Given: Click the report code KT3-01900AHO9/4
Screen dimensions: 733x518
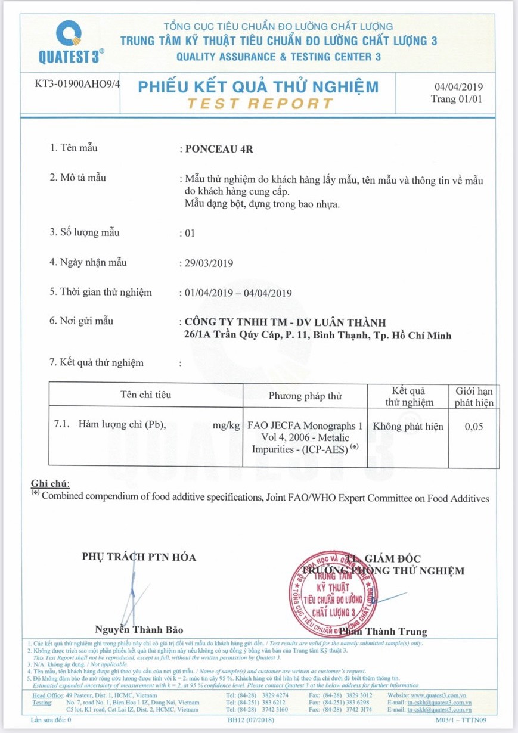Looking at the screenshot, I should pos(78,83).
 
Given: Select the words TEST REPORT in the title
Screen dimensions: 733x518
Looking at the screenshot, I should pos(259,103).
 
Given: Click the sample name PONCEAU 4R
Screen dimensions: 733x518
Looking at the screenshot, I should pos(219,150).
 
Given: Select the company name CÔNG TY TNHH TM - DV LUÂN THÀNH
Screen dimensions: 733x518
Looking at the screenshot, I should pos(286,323).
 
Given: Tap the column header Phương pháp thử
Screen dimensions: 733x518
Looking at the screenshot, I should pos(305,396).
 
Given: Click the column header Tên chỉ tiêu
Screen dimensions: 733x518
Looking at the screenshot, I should pos(145,395).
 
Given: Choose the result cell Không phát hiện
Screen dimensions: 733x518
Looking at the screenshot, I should pos(408,427).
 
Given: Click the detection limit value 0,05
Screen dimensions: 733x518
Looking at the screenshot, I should pos(474,427).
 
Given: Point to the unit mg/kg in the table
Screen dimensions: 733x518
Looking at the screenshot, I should pos(226,425).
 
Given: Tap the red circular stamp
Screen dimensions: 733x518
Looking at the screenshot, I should pos(334,592).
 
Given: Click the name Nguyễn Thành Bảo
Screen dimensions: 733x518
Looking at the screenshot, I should pos(139,630).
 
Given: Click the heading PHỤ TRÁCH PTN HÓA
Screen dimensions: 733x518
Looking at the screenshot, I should pos(139,557).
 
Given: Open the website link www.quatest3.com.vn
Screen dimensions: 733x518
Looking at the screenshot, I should pos(438,695).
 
